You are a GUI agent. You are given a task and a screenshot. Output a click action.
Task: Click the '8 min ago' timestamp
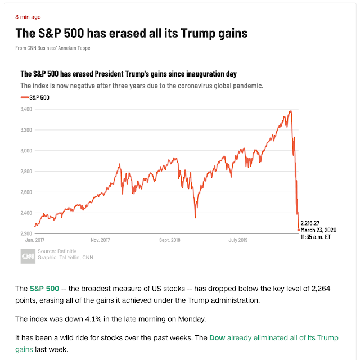[x=28, y=17]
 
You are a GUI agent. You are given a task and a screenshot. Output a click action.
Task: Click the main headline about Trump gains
[x=131, y=33]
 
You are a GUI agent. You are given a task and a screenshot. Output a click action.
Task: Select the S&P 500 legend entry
[x=34, y=97]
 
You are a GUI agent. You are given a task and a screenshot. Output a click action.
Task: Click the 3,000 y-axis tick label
[x=26, y=151]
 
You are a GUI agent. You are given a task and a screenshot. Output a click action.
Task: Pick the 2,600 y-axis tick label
[x=26, y=192]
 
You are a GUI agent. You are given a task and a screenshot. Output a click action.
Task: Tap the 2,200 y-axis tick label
[x=26, y=233]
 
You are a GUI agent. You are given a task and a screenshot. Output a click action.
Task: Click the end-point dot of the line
[x=298, y=229]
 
